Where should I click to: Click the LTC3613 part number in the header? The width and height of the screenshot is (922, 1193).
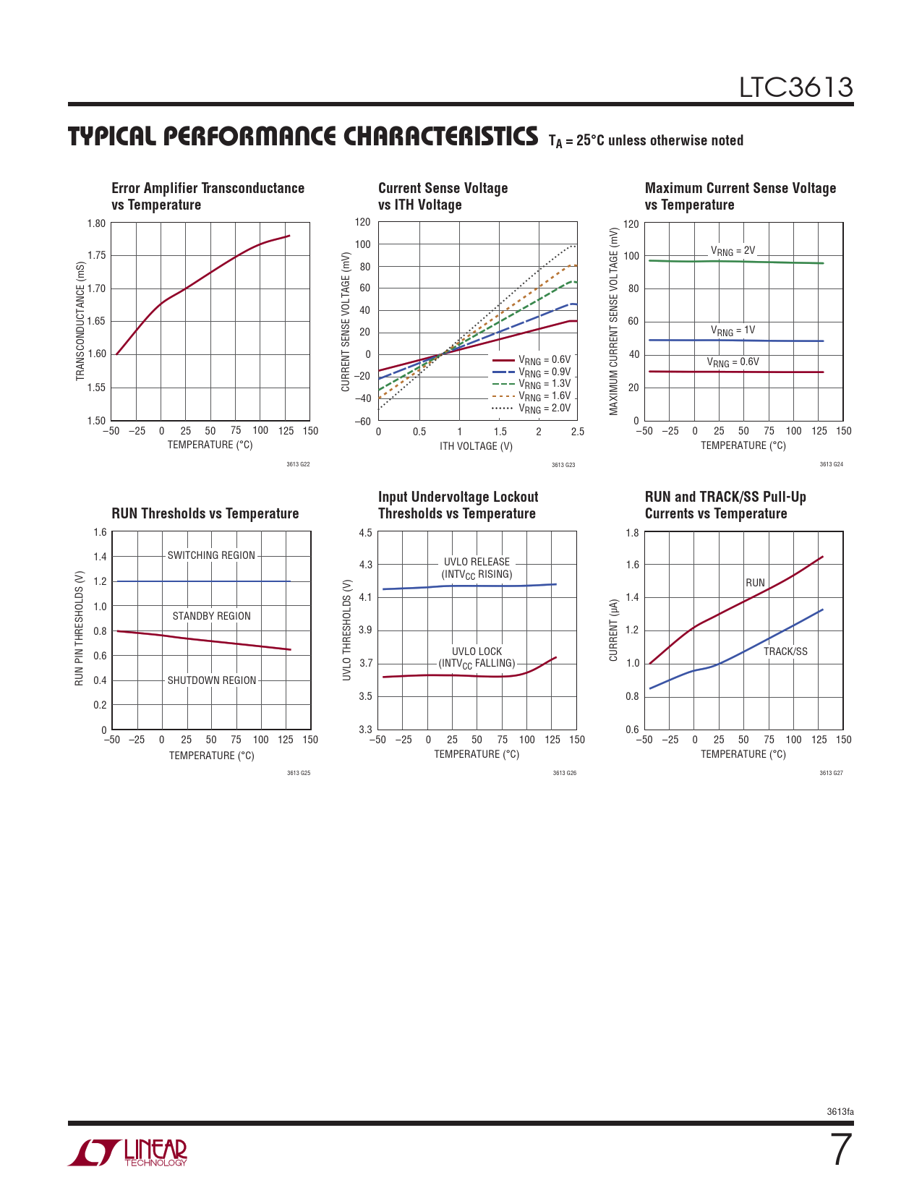(x=795, y=87)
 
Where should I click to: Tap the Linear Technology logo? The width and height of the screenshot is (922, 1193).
(x=128, y=1153)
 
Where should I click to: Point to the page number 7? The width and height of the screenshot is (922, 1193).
(x=840, y=1150)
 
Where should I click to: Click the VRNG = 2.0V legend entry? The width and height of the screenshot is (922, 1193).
(x=544, y=409)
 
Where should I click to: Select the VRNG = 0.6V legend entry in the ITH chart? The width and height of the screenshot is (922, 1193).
(x=544, y=359)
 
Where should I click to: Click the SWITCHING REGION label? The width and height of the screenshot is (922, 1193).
(x=211, y=555)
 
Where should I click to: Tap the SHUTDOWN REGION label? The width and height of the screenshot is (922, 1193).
(x=212, y=680)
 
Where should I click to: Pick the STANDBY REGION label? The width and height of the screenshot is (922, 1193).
(x=212, y=616)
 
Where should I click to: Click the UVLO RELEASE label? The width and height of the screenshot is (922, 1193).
(x=477, y=562)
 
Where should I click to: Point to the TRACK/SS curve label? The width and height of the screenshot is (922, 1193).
(x=785, y=651)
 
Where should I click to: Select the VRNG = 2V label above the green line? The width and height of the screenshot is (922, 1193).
(x=733, y=251)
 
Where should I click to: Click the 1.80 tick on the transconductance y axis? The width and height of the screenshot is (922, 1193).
(x=96, y=223)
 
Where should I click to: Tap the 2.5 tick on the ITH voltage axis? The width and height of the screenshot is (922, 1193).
(x=577, y=432)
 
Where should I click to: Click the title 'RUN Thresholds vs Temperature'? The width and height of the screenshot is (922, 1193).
(x=205, y=513)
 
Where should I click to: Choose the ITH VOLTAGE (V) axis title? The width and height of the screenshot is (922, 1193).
(x=476, y=446)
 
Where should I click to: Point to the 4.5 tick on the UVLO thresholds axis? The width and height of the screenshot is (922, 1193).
(x=365, y=533)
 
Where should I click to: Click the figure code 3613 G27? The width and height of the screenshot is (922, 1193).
(x=831, y=773)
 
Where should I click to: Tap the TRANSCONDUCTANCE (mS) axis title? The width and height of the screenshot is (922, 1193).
(x=80, y=321)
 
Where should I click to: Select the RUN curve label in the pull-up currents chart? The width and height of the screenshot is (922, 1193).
(x=755, y=583)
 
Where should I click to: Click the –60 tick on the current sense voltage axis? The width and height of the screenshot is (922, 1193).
(x=364, y=421)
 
